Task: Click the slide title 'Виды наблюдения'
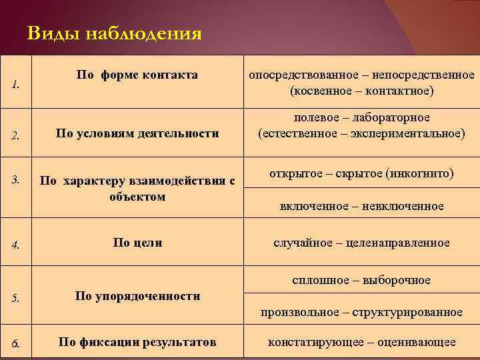(115, 34)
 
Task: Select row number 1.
(15, 85)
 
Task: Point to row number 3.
(15, 179)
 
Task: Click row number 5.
(15, 298)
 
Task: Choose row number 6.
(15, 344)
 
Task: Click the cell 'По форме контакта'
(137, 75)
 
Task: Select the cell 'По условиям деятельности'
(137, 133)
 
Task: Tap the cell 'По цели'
(137, 243)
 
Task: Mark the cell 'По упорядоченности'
(137, 296)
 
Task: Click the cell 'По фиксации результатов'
(137, 343)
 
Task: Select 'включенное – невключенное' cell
(361, 207)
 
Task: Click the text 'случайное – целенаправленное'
(361, 243)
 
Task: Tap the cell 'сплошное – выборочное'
(361, 280)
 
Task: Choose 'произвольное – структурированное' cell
(361, 311)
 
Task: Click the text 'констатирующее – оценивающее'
(361, 343)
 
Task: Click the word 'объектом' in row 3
(137, 197)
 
